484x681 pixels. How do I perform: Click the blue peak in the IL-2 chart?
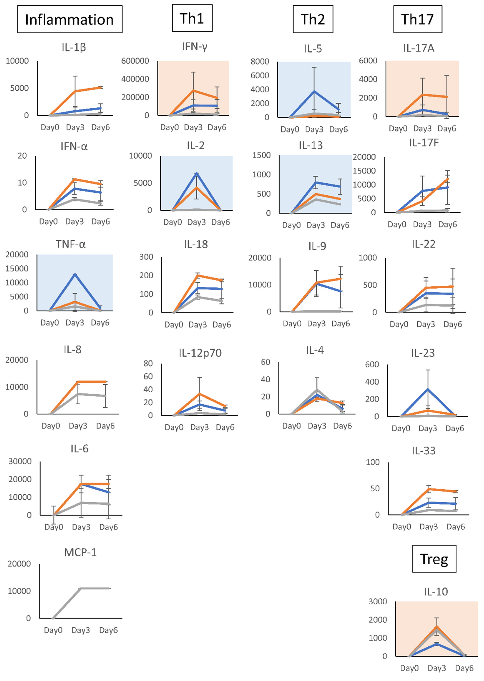[x=196, y=173]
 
